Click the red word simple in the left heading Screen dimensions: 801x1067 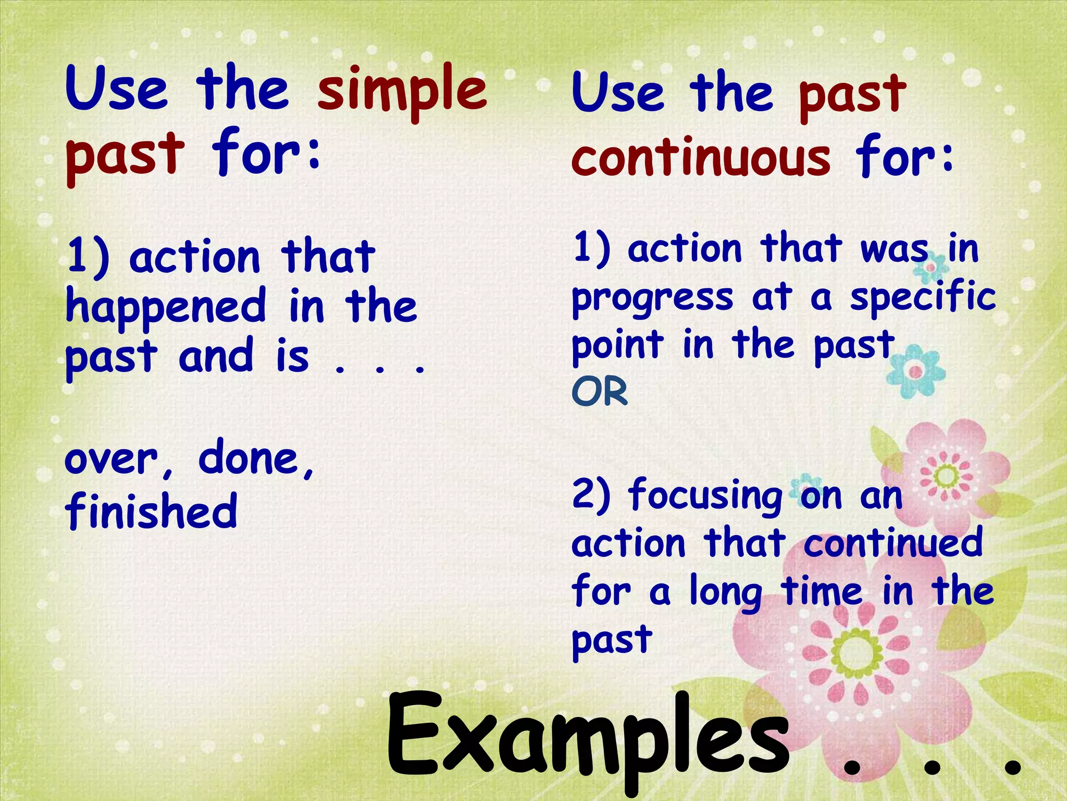point(402,90)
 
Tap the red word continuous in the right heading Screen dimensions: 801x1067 point(701,157)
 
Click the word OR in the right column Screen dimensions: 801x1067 point(600,392)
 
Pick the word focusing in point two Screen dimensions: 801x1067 point(705,495)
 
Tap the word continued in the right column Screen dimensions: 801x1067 point(893,542)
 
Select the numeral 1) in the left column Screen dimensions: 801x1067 point(89,257)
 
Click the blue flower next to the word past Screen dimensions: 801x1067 point(915,371)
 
